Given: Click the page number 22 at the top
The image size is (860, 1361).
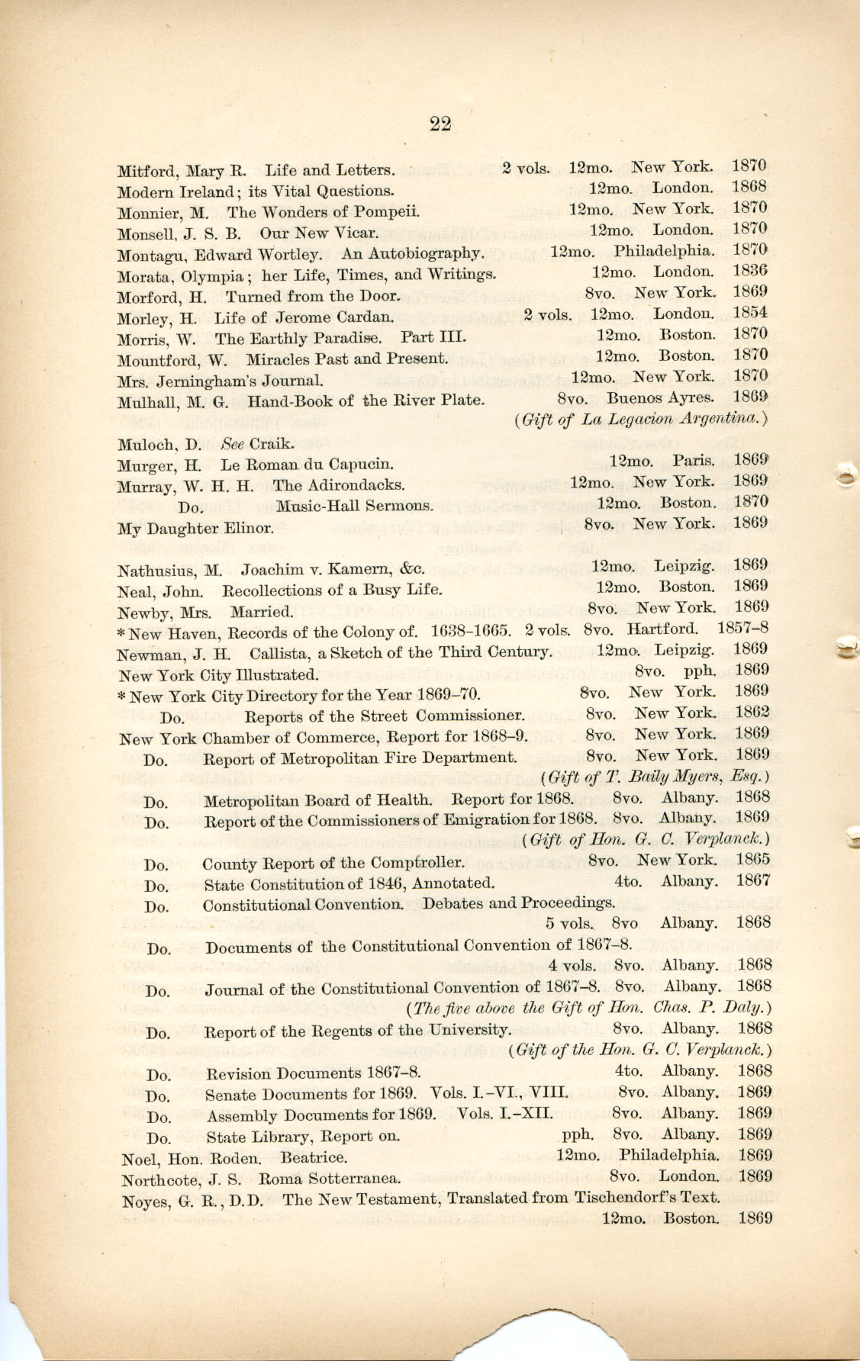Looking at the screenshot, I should [x=440, y=124].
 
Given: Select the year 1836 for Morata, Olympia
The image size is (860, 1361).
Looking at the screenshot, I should [x=749, y=271].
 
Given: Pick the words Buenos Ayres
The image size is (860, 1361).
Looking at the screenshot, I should [x=660, y=397].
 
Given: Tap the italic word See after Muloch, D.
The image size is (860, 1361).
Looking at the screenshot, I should [x=232, y=443].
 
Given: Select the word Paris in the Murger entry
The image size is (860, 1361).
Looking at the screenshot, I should [x=693, y=461].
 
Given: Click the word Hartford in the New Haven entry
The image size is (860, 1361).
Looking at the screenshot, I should [x=662, y=629].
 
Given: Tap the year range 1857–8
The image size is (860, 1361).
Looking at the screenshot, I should [x=742, y=629].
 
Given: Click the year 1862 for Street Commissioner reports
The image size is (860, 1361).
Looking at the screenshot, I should [x=752, y=713].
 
